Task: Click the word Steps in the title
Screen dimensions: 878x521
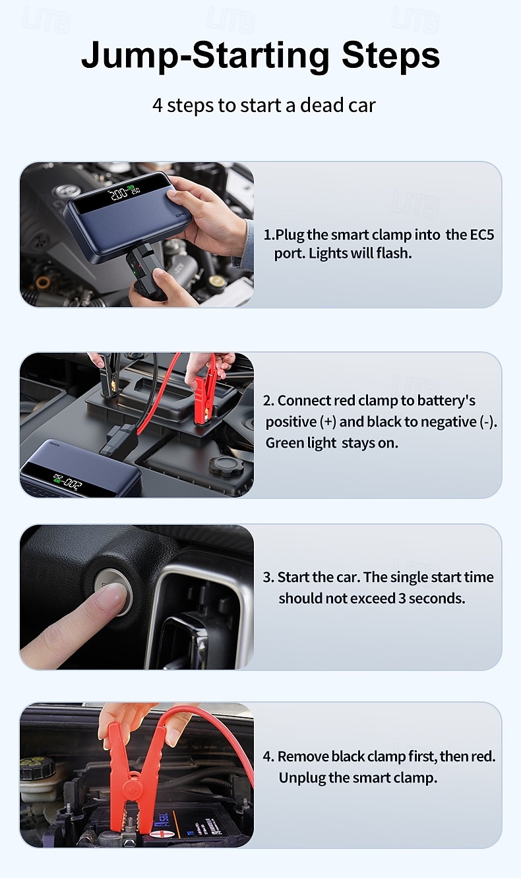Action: pyautogui.click(x=390, y=55)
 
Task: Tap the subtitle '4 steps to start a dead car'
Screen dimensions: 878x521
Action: pyautogui.click(x=264, y=105)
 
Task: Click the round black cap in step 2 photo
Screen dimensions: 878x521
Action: pyautogui.click(x=226, y=467)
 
